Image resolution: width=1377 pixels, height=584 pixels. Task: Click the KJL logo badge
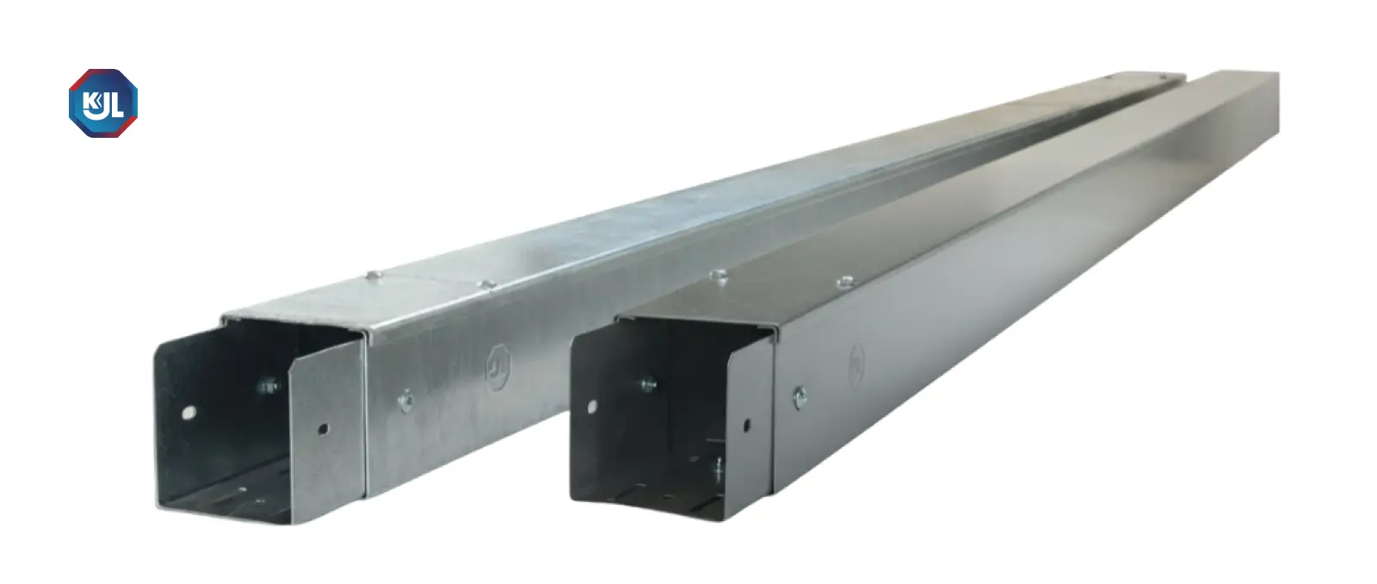[x=103, y=103]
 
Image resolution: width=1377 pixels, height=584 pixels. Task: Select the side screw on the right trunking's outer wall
[x=800, y=398]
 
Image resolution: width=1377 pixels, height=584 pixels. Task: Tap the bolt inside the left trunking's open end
[x=269, y=386]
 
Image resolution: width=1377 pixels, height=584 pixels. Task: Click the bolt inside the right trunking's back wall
[x=649, y=385]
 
